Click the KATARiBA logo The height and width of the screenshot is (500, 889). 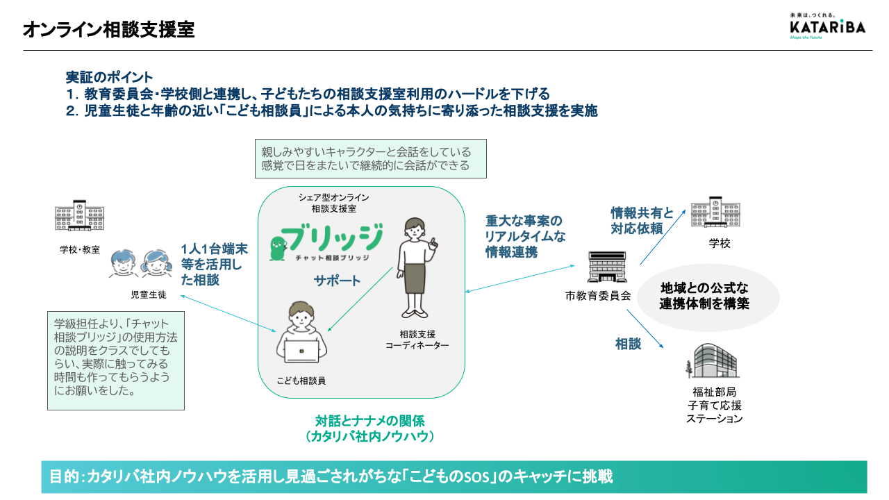pos(827,26)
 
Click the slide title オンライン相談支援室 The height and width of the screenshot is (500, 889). pos(109,30)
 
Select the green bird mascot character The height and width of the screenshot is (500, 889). pos(278,249)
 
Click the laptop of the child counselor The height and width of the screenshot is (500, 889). pos(301,351)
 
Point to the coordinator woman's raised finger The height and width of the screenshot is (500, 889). pos(434,241)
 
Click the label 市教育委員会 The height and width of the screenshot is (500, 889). pos(598,296)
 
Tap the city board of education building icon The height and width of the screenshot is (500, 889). pos(607,267)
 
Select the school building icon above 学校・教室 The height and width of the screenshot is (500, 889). pos(79,215)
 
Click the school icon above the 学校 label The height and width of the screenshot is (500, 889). pos(715,212)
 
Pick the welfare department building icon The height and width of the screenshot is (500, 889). pos(712,360)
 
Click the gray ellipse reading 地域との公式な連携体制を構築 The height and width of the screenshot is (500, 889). pos(708,297)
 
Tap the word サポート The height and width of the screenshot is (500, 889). pos(337,281)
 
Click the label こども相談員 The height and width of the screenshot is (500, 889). pos(301,381)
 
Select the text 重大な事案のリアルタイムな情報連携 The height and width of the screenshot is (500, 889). pos(525,237)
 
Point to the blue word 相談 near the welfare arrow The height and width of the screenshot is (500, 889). pos(629,344)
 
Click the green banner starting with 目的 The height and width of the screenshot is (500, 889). pos(454,476)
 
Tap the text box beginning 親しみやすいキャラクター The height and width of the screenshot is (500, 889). pos(371,159)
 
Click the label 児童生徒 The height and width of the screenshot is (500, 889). pos(149,295)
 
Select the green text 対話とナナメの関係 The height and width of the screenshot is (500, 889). pos(370,421)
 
